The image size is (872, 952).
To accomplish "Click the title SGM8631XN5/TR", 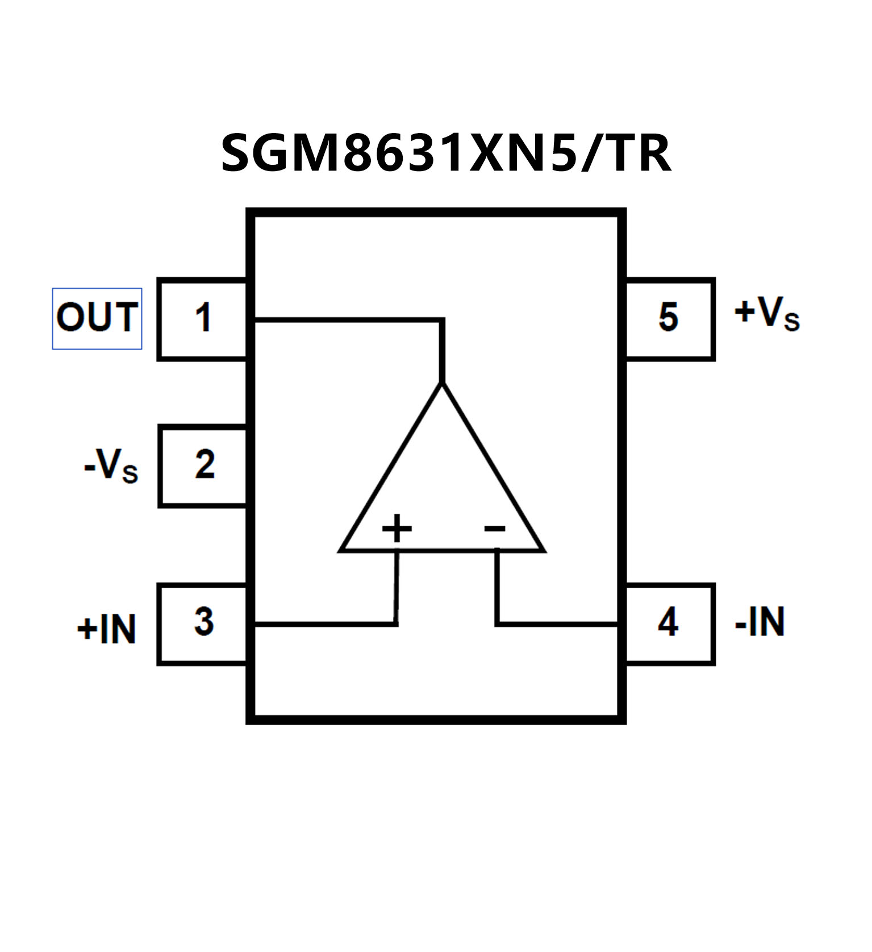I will (446, 153).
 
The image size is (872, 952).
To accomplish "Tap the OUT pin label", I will (97, 318).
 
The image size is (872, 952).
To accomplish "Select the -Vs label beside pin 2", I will (111, 466).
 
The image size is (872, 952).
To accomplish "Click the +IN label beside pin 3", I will (107, 629).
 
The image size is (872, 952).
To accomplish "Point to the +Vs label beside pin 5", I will (767, 314).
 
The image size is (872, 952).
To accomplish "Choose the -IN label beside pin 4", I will (760, 622).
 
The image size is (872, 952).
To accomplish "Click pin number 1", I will (203, 318).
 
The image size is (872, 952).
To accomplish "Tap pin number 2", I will (205, 464).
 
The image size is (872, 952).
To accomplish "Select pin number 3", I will (204, 622).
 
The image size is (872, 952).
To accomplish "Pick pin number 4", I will (668, 622).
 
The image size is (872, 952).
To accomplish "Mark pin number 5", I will (668, 317).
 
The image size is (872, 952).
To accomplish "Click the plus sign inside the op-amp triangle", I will (397, 529).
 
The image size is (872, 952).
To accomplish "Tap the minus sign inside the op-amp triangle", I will (494, 529).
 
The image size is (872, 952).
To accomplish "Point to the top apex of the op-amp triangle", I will (442, 385).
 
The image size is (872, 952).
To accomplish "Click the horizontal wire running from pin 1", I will (347, 321).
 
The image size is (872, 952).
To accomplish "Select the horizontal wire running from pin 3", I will (324, 624).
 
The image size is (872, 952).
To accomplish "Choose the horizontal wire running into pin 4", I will (557, 624).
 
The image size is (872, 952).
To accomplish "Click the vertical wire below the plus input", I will (397, 588).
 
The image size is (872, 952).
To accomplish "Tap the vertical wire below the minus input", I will (498, 588).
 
